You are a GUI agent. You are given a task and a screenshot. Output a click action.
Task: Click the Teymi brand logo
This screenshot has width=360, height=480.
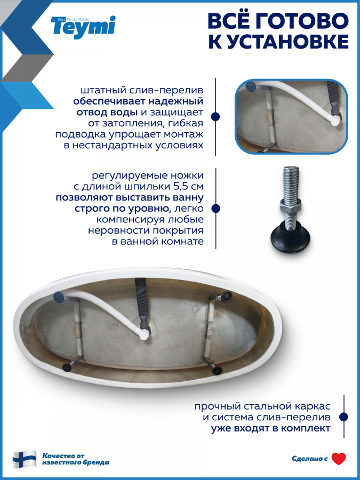point(83,27)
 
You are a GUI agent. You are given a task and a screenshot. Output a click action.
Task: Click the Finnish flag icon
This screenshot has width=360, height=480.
point(25,459)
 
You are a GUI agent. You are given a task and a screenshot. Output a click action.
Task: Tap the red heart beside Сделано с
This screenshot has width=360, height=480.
point(339,459)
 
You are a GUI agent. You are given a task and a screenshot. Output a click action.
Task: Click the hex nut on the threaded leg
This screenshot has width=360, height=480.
point(290,205)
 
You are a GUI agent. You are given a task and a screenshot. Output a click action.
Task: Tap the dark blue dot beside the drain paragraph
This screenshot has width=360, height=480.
point(215,116)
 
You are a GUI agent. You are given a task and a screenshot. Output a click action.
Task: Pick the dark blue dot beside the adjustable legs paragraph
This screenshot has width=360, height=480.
point(215,209)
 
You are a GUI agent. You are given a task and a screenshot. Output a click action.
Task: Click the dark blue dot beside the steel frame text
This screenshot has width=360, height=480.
point(344,417)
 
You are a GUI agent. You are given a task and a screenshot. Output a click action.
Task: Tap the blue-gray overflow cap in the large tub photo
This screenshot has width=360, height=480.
point(59,297)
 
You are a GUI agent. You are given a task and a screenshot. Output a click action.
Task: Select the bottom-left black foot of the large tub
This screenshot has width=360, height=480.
point(67,367)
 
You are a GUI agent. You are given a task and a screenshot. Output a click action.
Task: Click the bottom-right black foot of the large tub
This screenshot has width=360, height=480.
point(217,370)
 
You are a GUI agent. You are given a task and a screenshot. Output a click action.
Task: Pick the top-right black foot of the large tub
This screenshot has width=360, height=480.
point(227,295)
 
